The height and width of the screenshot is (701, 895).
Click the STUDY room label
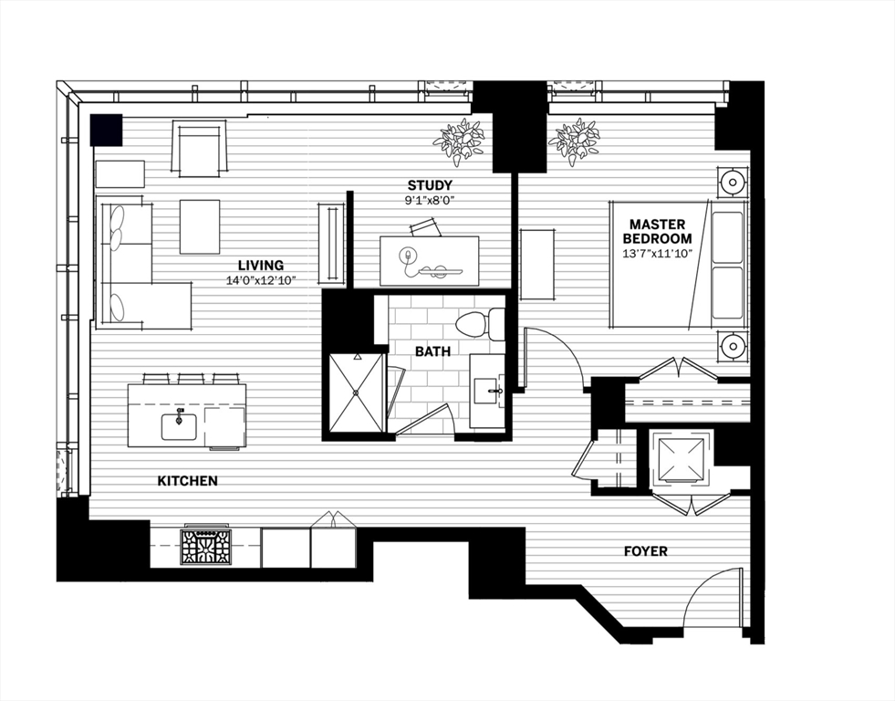(430, 186)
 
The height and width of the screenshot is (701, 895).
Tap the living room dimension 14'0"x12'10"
(261, 281)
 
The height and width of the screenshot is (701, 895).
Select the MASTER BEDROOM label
(660, 231)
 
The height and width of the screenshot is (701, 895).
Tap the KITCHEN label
(187, 480)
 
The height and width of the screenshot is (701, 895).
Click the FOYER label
(645, 551)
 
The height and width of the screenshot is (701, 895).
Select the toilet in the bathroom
(480, 324)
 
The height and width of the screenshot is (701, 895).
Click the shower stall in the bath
(357, 392)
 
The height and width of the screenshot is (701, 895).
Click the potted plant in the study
(458, 140)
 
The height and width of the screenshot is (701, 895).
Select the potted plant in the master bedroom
(575, 141)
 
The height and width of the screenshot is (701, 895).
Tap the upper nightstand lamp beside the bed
(734, 182)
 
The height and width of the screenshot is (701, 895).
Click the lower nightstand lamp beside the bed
(734, 346)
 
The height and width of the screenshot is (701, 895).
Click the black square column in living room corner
(106, 129)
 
